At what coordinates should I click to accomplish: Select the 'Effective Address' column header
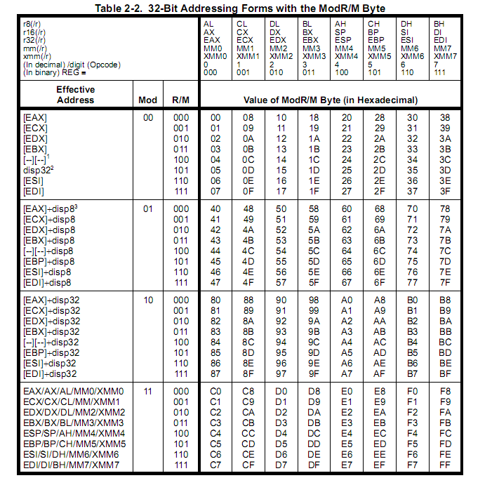(75, 95)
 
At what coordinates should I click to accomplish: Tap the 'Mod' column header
(148, 100)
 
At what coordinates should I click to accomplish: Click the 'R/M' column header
(180, 100)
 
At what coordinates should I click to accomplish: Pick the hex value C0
(215, 391)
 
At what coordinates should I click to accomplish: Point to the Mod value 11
(148, 391)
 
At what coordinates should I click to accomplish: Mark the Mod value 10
(148, 300)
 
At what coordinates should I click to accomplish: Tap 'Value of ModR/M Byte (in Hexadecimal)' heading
(331, 100)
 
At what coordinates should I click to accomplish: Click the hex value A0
(346, 300)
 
